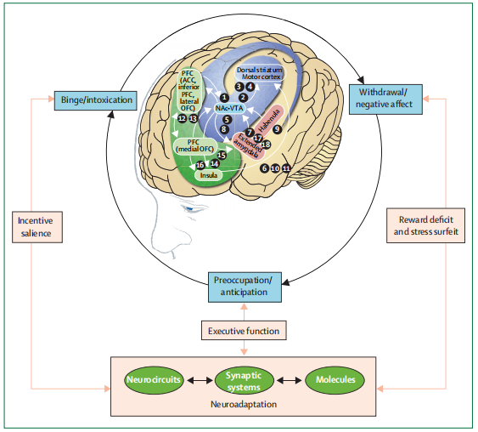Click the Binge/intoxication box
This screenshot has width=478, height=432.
point(95,100)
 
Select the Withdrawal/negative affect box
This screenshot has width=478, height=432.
point(385,99)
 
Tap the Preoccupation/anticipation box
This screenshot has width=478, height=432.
point(245,287)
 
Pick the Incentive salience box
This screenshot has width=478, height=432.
point(37,227)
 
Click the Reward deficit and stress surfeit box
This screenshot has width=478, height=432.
point(425,225)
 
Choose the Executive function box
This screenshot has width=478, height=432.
point(244,330)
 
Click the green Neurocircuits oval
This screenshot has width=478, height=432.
point(154,380)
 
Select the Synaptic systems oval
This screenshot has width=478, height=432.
point(244,380)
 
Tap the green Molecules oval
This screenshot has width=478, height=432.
point(335,380)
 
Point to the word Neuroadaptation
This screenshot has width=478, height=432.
point(244,404)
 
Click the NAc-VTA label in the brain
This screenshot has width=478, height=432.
point(229,108)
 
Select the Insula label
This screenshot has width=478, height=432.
point(209,175)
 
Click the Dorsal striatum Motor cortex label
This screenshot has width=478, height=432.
point(260,73)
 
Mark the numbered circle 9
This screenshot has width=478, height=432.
point(277,129)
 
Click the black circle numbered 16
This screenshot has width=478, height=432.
point(200,165)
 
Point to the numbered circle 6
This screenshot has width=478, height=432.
point(265,168)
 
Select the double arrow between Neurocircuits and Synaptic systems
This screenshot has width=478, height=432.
point(200,380)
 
